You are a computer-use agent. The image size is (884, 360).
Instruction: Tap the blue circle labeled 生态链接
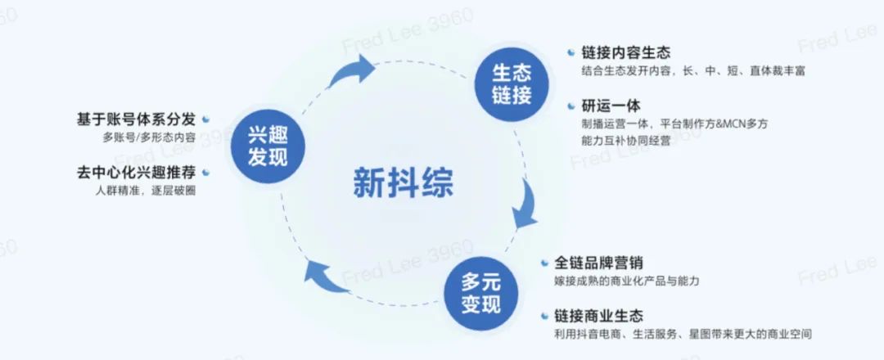512,83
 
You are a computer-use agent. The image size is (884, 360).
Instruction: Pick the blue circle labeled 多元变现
480,294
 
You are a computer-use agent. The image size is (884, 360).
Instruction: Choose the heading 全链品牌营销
598,263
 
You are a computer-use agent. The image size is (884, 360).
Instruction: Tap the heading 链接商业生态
598,316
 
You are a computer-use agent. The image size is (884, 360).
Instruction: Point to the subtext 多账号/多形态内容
149,137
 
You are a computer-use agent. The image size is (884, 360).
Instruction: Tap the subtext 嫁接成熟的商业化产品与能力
626,281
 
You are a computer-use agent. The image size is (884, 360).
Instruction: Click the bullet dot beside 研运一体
571,105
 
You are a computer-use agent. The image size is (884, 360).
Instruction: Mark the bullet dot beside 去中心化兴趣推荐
205,173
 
